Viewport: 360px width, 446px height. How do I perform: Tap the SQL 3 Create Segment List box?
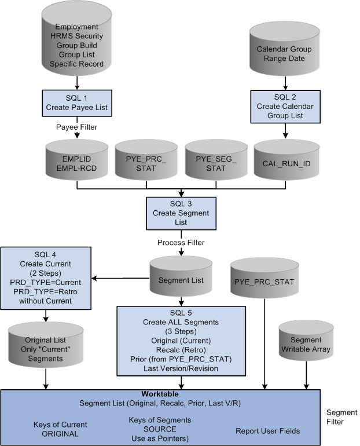(182, 214)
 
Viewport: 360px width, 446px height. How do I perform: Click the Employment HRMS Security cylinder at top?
(76, 45)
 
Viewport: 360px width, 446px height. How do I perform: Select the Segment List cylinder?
(181, 280)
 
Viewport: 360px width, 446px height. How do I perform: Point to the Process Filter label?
(182, 243)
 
